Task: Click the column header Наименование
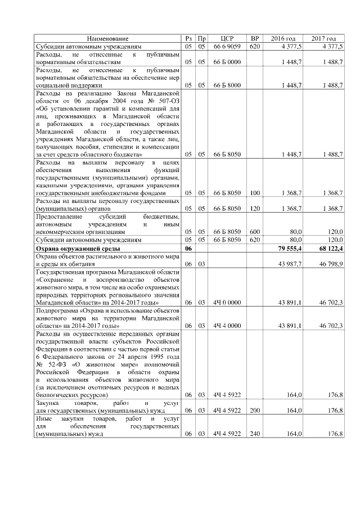click(111, 38)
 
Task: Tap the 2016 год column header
click(283, 38)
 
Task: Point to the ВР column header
click(255, 38)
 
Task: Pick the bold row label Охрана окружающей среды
click(79, 248)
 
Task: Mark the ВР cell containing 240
click(255, 434)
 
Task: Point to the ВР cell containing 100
click(255, 192)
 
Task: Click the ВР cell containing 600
click(255, 231)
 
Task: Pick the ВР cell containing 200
click(255, 411)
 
